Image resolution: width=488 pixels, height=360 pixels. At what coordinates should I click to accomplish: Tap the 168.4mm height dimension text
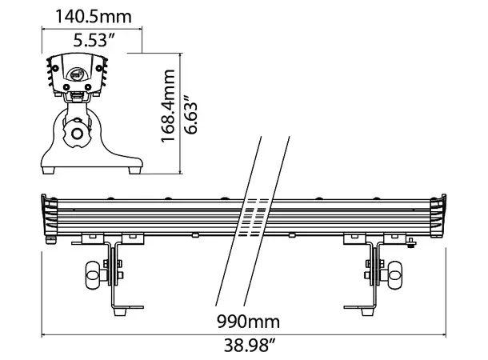tap(169, 105)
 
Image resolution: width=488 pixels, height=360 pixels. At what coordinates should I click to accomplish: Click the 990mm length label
tap(248, 322)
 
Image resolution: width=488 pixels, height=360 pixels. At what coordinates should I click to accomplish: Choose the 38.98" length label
tap(248, 346)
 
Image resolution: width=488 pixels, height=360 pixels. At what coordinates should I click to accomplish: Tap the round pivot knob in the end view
tap(78, 134)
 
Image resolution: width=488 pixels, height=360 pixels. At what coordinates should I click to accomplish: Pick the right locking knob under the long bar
tap(394, 277)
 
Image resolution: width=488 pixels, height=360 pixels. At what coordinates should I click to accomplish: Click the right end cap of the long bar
tap(441, 216)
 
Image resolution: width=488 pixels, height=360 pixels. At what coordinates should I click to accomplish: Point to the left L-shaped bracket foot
tap(128, 306)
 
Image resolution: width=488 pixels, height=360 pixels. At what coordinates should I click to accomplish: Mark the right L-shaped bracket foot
tap(358, 306)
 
